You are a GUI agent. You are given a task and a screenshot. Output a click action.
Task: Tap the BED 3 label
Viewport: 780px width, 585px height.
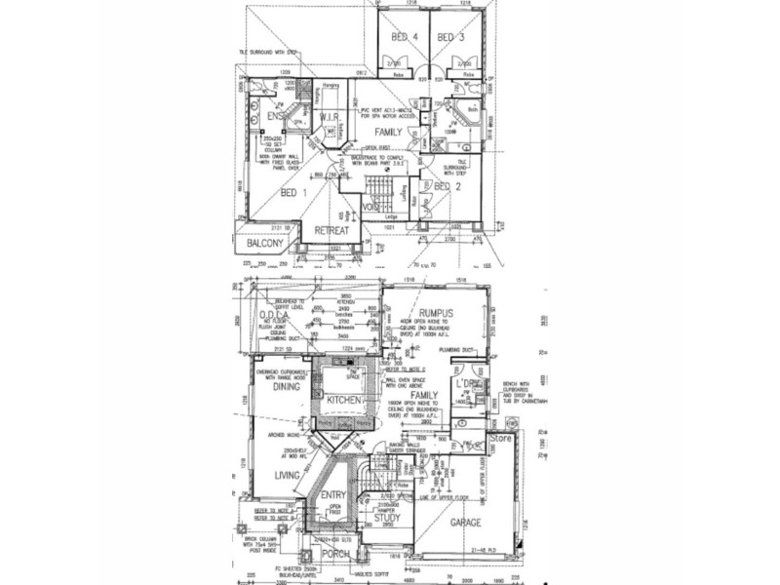449,37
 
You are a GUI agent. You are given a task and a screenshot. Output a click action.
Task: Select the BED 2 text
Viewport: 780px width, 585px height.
448,185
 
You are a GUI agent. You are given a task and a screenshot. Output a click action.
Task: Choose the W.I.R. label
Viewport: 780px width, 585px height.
329,117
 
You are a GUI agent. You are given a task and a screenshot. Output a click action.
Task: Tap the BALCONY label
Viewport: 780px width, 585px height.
265,243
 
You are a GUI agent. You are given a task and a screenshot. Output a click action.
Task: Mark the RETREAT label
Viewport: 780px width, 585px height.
331,230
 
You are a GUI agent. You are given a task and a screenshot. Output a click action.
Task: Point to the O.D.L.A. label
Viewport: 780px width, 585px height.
278,314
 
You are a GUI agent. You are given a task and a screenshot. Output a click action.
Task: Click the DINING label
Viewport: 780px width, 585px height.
287,387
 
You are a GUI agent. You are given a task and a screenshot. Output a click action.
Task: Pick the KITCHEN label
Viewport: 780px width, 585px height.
345,401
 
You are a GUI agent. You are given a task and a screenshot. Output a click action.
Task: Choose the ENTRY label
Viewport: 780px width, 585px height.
334,495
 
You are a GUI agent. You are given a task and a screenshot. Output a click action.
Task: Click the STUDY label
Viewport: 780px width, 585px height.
387,518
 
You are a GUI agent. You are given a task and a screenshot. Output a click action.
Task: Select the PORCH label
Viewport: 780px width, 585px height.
335,553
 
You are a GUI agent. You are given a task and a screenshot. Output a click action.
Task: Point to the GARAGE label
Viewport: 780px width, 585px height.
466,524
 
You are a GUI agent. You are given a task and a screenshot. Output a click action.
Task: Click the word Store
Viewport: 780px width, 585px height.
500,440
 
